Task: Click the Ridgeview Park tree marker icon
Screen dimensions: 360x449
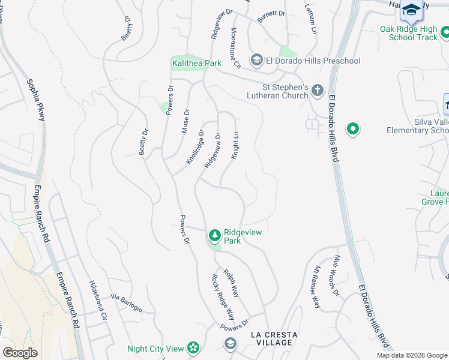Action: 214,235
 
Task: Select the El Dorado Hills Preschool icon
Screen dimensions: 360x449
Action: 256,59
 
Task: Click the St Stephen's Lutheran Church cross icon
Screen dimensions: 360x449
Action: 317,91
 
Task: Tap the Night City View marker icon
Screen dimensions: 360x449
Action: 193,348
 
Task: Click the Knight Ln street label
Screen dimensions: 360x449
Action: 236,146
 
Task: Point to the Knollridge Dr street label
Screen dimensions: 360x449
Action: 195,148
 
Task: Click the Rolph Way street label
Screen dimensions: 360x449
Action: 232,283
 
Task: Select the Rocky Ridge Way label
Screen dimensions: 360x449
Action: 222,298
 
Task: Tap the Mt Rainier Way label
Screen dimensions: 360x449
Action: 315,287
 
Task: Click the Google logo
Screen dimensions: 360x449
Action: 20,353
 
